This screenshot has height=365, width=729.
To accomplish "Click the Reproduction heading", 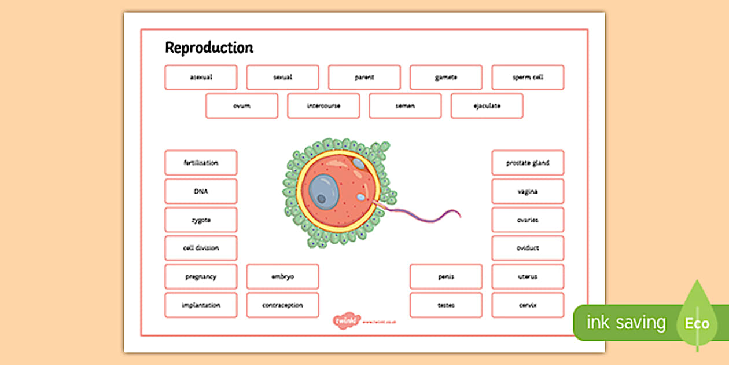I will click(209, 48).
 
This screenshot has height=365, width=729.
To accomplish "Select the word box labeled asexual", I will click(201, 77).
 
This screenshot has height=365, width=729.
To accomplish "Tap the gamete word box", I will click(446, 77).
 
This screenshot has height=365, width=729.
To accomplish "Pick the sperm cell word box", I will click(528, 77).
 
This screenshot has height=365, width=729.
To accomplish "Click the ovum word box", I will click(241, 106).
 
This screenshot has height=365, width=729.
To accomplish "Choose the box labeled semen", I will click(405, 106).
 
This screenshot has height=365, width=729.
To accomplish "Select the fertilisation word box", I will click(201, 163).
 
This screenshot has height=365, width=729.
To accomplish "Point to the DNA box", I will click(201, 191).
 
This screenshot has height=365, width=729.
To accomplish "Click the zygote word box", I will click(201, 220).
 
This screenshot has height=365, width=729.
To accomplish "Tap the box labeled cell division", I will click(201, 249).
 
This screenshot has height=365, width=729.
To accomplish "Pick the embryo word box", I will click(282, 277).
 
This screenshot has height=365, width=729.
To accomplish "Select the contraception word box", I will click(282, 305).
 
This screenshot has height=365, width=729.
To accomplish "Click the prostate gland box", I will click(528, 163).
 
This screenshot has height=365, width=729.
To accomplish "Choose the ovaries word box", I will click(528, 220).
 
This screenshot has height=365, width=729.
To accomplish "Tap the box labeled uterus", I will click(528, 277).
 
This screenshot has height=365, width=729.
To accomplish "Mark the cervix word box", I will click(528, 305).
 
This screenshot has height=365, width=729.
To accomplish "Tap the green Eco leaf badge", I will click(697, 322).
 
